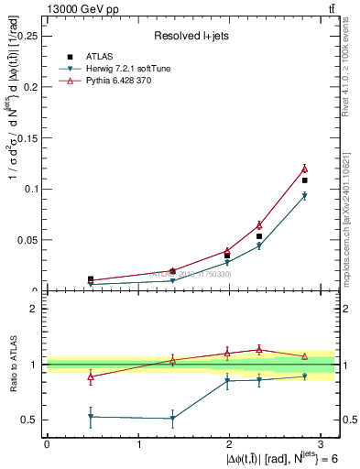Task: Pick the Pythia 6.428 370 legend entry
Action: tap(125, 81)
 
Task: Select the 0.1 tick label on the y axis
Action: tap(32, 189)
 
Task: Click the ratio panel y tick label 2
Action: tap(36, 309)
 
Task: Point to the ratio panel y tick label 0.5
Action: tap(30, 420)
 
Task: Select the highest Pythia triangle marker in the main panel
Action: tap(304, 169)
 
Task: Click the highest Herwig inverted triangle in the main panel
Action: tap(304, 196)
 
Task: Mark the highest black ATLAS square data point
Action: tap(304, 180)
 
